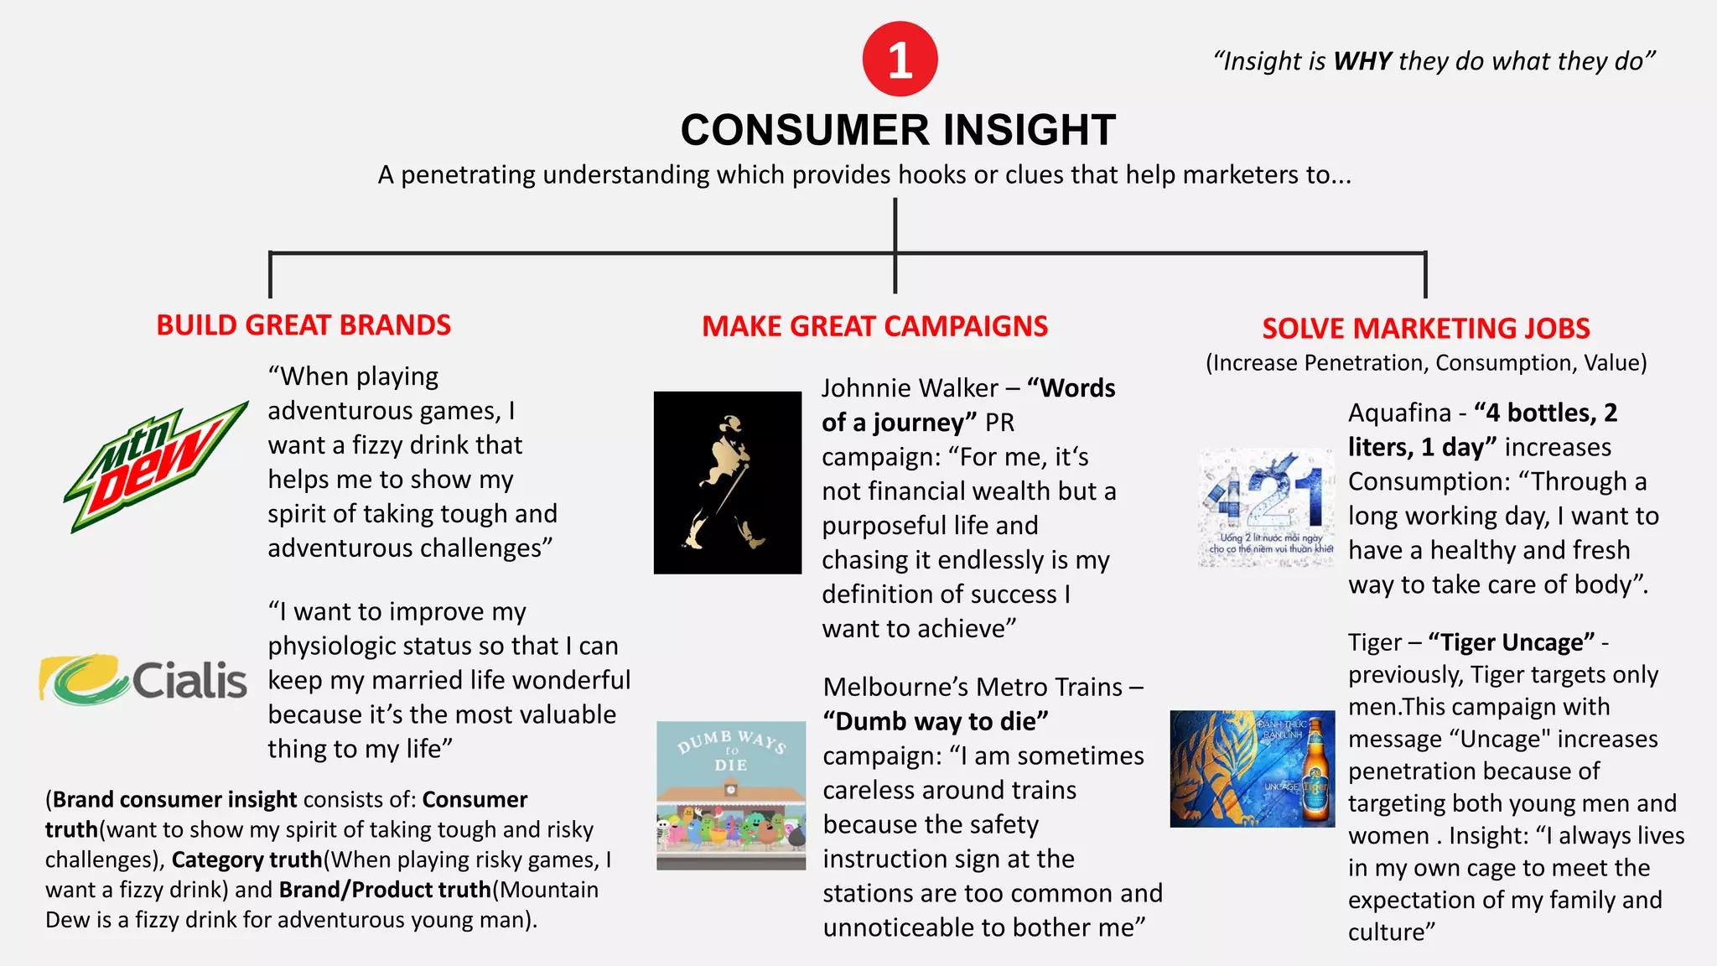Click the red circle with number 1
click(900, 60)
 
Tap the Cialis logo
click(143, 679)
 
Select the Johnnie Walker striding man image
click(727, 483)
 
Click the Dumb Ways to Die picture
click(730, 795)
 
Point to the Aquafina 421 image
click(1266, 508)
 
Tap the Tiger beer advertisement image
click(1253, 769)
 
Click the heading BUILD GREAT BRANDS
click(303, 325)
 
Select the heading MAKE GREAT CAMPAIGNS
click(874, 326)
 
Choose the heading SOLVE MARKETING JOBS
click(1425, 328)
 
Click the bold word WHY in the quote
click(1362, 61)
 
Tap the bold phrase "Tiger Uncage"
click(1511, 642)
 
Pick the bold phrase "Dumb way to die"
click(936, 721)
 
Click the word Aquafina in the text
click(1399, 413)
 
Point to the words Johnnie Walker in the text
click(910, 388)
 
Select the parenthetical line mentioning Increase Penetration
click(1425, 363)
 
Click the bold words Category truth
click(246, 860)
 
